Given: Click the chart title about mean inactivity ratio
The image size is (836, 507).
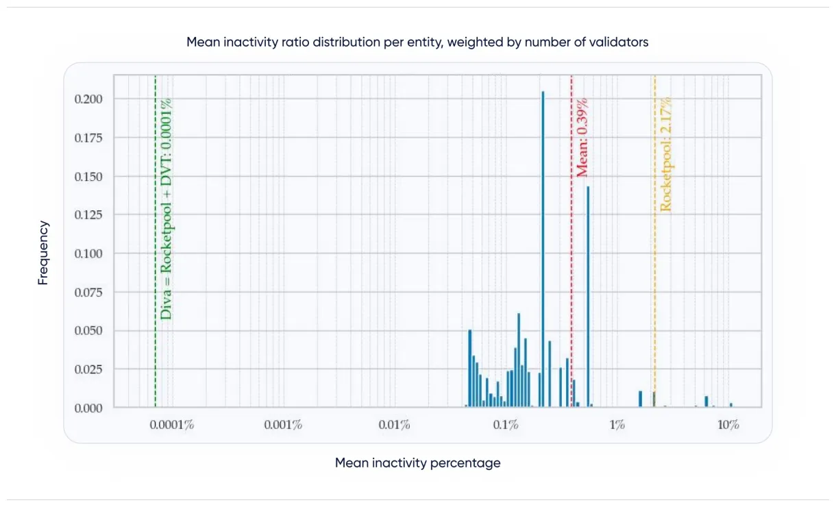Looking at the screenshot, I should click(417, 42).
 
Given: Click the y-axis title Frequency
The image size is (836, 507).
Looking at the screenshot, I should click(43, 253).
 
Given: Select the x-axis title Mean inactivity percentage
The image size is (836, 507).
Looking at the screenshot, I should click(417, 463).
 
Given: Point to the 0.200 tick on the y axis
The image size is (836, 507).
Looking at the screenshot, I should click(88, 99).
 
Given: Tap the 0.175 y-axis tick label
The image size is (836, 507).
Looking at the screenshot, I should click(88, 138).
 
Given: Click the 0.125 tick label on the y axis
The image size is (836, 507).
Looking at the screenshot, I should click(88, 215).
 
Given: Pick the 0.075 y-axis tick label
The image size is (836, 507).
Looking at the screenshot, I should click(88, 293).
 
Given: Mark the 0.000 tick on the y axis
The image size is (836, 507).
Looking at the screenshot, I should click(88, 408).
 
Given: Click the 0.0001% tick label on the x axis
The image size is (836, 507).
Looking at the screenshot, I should click(171, 425).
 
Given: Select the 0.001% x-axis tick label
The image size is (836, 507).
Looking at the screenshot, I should click(283, 425).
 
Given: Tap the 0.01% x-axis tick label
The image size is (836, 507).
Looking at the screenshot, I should click(394, 425).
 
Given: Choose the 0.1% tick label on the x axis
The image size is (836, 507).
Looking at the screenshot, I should click(505, 425).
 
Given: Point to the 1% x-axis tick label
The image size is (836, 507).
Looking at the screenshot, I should click(617, 425).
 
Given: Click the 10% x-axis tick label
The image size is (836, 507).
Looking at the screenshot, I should click(728, 425).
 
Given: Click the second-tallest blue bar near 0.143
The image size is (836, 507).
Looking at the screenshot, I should click(588, 295).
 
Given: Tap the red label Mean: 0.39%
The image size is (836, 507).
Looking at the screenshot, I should click(582, 137).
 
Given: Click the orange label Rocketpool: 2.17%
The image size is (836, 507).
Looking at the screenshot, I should click(665, 153).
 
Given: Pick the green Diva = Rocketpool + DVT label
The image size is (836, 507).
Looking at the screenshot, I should click(166, 208).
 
